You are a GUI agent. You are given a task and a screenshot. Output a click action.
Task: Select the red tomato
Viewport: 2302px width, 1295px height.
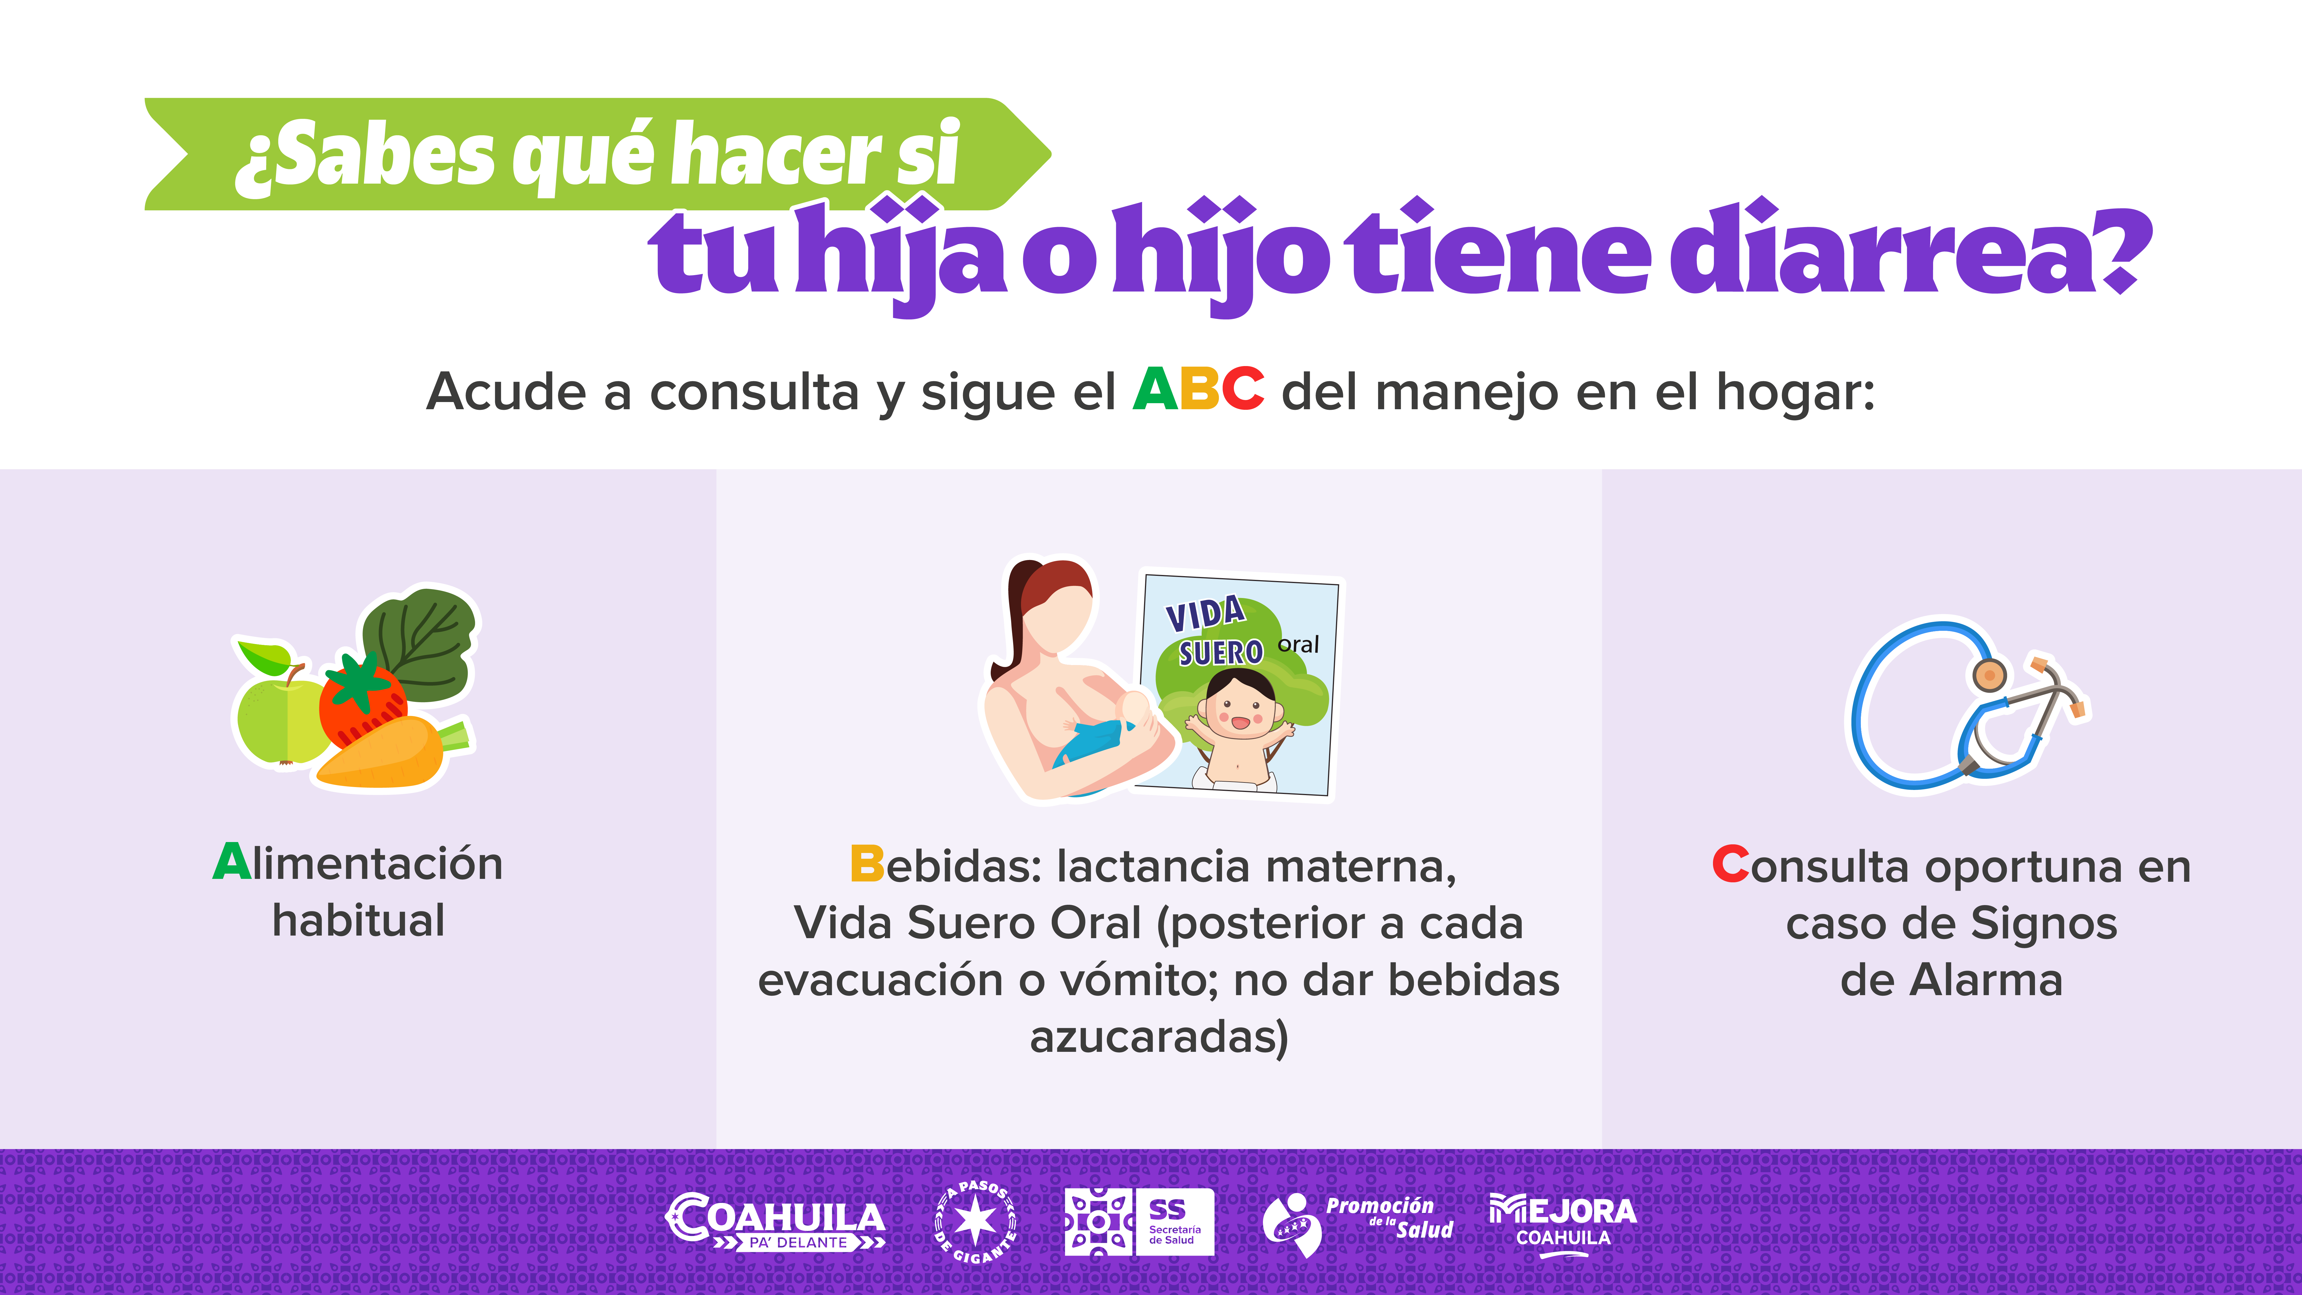point(362,702)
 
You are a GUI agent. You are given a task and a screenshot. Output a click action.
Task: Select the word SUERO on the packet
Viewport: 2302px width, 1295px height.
point(1220,652)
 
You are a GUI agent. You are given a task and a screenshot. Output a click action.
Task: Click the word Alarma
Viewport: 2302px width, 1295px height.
point(1987,980)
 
